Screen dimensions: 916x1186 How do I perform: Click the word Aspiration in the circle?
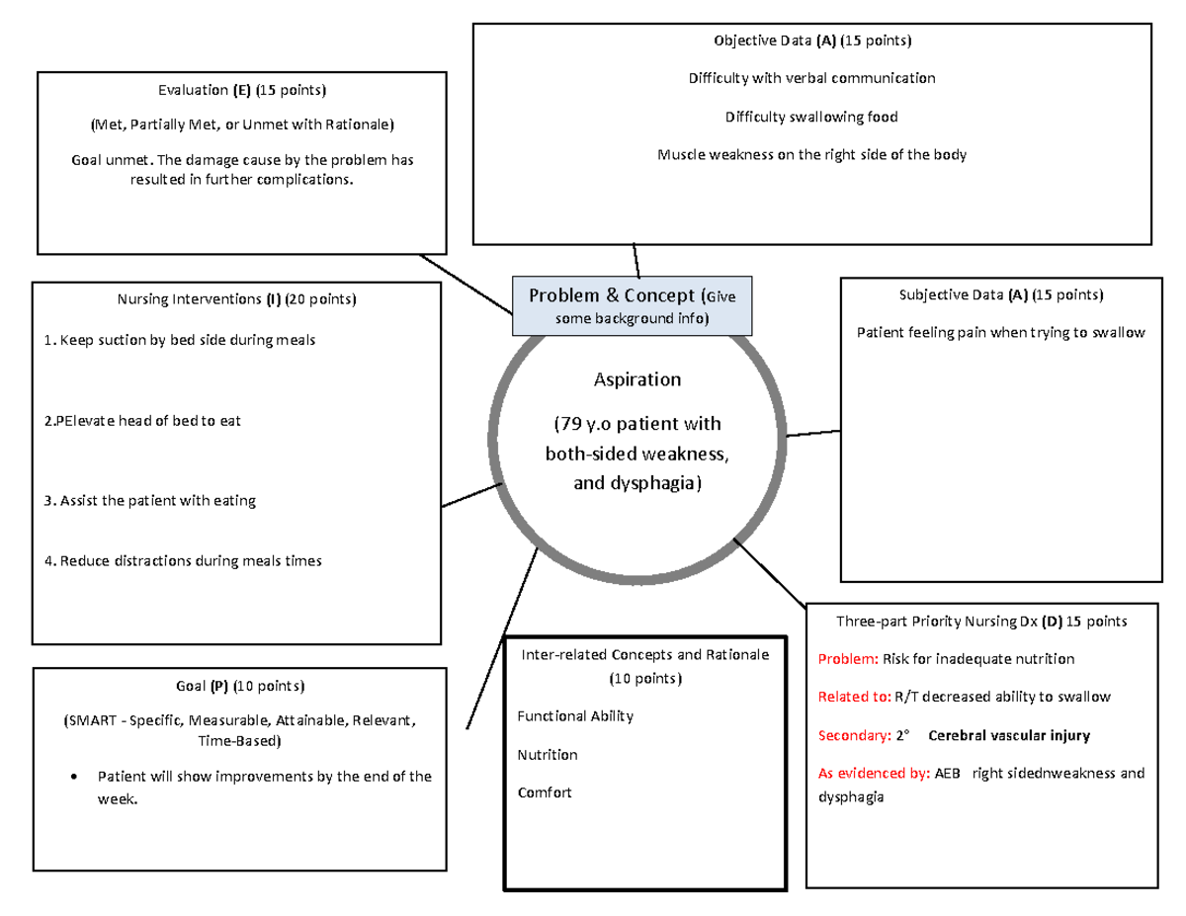[636, 379]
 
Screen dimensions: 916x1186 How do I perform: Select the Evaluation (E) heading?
[241, 91]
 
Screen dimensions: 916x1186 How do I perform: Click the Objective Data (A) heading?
[812, 41]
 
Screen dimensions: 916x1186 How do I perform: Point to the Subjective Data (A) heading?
[1000, 294]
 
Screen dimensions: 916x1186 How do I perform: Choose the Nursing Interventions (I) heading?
[237, 298]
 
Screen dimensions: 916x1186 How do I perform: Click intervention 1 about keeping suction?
[180, 341]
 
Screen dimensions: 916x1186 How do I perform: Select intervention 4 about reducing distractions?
[183, 561]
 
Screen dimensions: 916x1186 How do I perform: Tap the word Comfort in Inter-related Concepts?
[544, 792]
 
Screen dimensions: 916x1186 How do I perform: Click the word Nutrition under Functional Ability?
[547, 754]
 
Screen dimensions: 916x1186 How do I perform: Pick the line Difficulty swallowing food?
[811, 117]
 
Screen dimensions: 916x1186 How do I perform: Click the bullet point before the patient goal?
[77, 777]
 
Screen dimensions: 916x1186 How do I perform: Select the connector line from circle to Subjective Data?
[812, 433]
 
